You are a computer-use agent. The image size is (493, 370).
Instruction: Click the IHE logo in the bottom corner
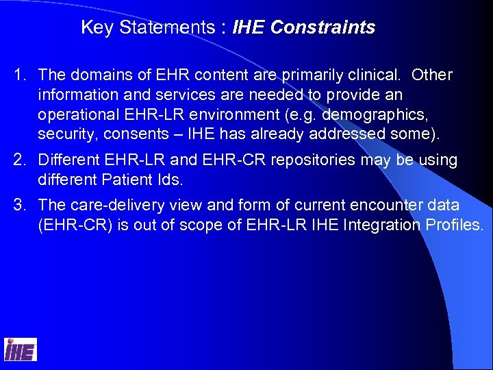click(21, 349)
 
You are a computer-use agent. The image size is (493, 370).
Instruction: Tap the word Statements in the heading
click(173, 27)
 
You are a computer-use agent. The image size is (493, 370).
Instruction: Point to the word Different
click(68, 160)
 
